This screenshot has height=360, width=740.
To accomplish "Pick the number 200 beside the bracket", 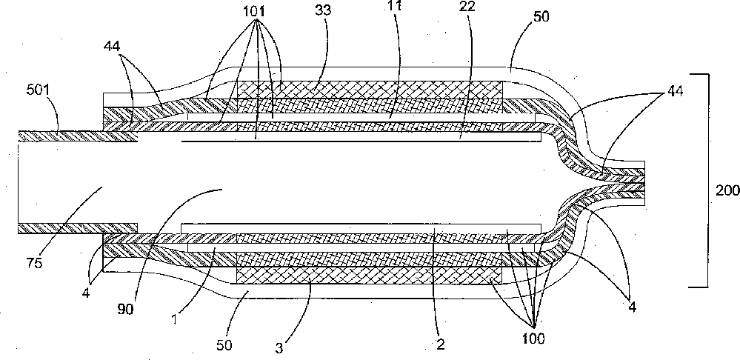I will click(x=727, y=190).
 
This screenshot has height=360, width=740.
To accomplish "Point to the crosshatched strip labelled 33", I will click(x=370, y=88).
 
